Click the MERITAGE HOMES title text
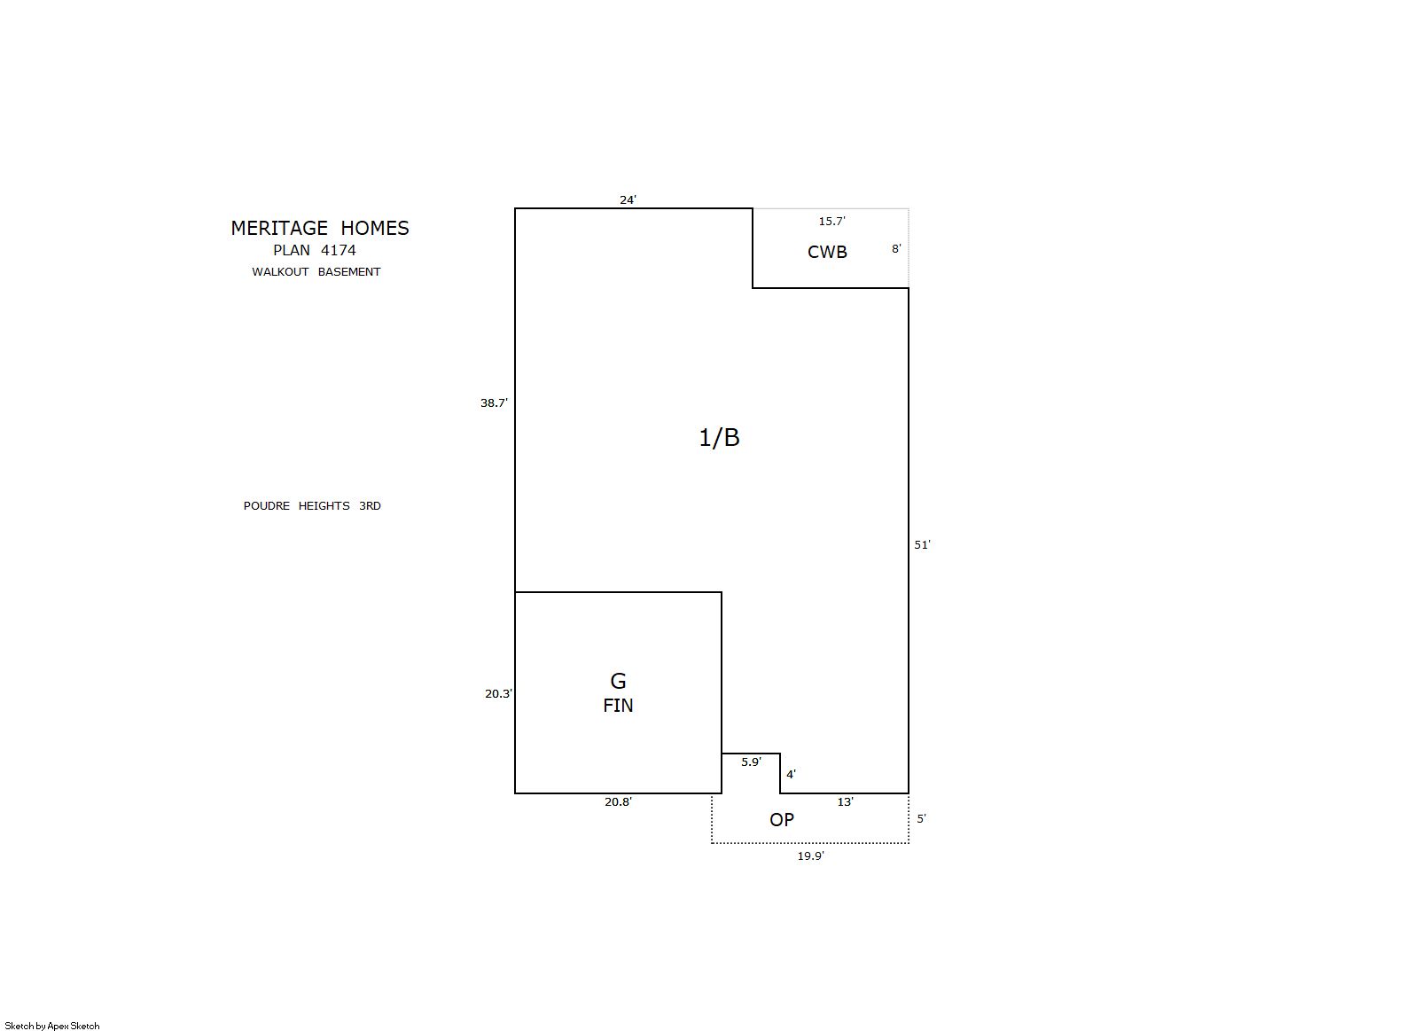tap(320, 228)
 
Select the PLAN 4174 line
tap(315, 250)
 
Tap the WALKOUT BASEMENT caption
tap(316, 271)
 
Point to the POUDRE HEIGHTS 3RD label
tap(312, 505)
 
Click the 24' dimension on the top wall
tap(628, 199)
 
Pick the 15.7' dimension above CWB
tap(831, 221)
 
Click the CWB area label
tap(827, 252)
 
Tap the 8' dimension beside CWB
tap(896, 248)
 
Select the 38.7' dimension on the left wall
tap(494, 402)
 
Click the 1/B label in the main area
tap(720, 437)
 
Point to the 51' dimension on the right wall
tap(922, 544)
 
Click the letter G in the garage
tap(618, 681)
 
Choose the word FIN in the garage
tap(618, 706)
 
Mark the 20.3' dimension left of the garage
tap(498, 693)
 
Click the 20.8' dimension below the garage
tap(618, 801)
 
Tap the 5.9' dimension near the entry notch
tap(751, 762)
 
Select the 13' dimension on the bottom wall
tap(845, 801)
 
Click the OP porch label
tap(782, 820)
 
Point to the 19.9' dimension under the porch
tap(810, 855)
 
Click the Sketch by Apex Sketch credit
tap(52, 1026)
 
